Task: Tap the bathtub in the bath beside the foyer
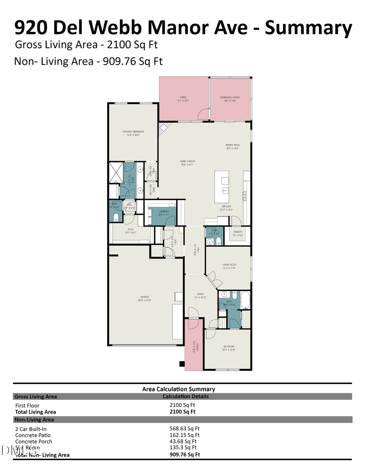point(245,300)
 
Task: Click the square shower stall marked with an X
point(116,173)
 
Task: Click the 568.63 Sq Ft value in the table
point(185,428)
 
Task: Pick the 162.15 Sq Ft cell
point(185,435)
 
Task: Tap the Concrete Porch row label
point(34,442)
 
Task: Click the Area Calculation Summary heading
point(178,389)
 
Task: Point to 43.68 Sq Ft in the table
point(183,442)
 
